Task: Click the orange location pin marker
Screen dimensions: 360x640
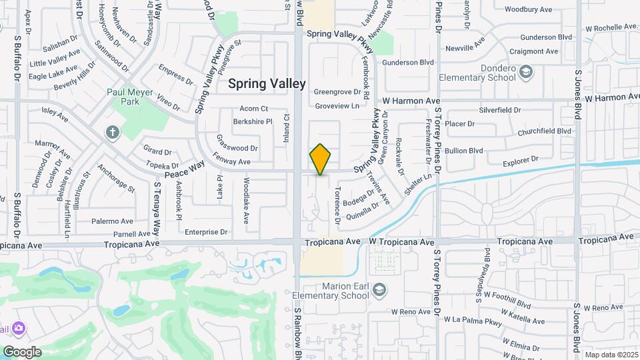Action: pyautogui.click(x=320, y=159)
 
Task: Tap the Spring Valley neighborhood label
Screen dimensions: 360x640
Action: pyautogui.click(x=267, y=84)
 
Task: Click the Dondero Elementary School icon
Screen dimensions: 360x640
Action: pyautogui.click(x=525, y=71)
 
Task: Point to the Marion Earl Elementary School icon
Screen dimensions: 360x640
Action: pyautogui.click(x=379, y=289)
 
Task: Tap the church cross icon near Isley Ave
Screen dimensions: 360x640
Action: pyautogui.click(x=111, y=132)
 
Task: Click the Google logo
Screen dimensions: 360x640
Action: pyautogui.click(x=22, y=352)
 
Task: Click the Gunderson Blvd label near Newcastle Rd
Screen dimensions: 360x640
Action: pyautogui.click(x=407, y=62)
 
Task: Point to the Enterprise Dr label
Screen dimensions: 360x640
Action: pyautogui.click(x=206, y=232)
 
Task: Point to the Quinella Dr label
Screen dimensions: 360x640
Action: pyautogui.click(x=363, y=211)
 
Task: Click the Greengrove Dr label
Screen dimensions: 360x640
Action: pyautogui.click(x=337, y=92)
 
